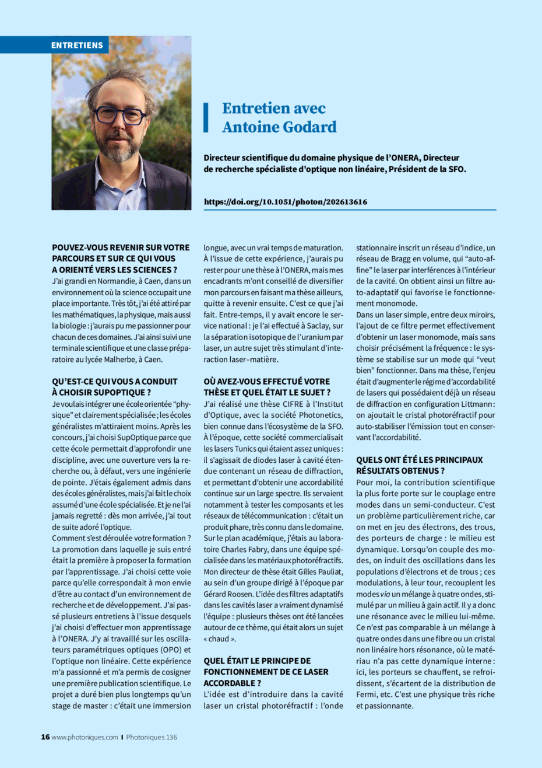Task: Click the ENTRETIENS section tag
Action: tap(77, 45)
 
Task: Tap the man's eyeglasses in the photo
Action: tap(120, 115)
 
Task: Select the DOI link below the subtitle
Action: tap(286, 202)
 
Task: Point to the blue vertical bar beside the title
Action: tap(206, 117)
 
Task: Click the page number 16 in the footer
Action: tap(45, 737)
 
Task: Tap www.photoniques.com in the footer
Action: tap(85, 737)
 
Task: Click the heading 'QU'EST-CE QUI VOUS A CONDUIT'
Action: tap(115, 382)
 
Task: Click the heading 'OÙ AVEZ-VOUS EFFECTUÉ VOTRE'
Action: tap(266, 382)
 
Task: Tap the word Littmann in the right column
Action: tap(477, 404)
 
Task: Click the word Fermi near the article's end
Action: tap(368, 694)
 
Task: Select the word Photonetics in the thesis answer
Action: tap(317, 415)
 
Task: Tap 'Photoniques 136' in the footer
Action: tap(152, 737)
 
